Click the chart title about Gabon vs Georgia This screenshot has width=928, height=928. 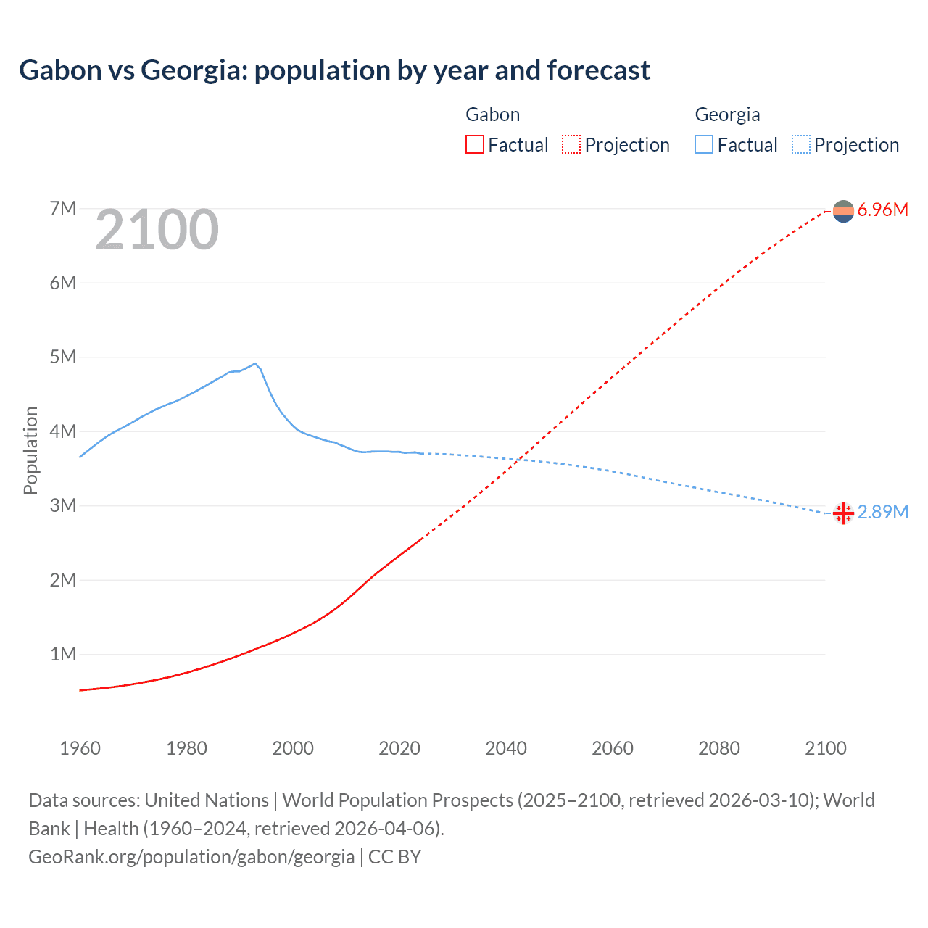334,70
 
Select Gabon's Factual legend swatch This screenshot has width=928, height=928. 474,144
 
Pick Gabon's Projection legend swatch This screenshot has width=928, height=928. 571,144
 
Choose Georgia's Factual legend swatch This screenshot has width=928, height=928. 704,144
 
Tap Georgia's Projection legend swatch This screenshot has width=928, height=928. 801,144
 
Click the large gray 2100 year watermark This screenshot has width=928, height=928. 157,230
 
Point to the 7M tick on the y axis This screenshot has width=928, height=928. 63,209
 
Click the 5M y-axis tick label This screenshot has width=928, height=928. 63,357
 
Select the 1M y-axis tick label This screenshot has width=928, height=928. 63,655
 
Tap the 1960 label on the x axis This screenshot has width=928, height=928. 80,748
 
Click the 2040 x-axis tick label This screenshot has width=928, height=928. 506,748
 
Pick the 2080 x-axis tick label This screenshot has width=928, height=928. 719,748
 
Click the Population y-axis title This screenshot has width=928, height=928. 30,450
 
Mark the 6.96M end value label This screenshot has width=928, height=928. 882,210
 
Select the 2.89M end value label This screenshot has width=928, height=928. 882,513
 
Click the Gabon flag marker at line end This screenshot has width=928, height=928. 843,211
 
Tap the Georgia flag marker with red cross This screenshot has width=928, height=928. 843,513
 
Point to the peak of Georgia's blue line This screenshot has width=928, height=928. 255,363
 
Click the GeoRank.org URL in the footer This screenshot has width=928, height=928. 191,857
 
